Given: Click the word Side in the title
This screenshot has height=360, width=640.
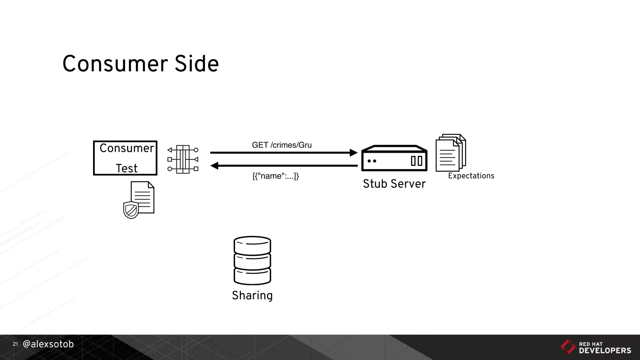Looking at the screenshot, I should pos(197,64).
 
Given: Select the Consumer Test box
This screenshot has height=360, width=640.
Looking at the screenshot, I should pos(125,158).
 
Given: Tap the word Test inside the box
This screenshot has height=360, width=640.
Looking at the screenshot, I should pos(127,168).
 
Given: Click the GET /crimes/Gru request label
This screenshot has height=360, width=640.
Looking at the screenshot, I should pos(282,145).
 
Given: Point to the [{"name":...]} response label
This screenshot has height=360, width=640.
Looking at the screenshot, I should pos(276,176).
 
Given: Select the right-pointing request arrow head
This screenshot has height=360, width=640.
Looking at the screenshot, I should pos(353,152).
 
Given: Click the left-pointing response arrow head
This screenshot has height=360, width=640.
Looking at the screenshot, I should pos(214,166).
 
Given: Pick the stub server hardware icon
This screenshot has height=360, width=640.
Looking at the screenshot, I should pos(394,158).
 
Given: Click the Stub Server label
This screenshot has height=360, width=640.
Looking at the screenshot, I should pos(394,184).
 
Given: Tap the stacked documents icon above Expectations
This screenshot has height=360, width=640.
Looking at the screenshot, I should pos(450,153).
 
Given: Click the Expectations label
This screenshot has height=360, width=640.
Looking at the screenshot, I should pos(471,176).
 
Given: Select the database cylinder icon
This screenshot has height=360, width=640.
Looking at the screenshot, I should pos(252,260).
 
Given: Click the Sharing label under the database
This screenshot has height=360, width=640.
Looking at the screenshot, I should pos(252,295).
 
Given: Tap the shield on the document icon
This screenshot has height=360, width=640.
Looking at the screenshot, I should pos(131,210).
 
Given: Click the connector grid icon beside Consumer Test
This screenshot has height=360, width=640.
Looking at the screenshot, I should pos(183,159).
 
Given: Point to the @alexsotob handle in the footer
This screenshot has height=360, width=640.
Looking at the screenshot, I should pos(48,344).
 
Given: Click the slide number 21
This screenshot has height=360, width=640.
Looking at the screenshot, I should pos(15,344).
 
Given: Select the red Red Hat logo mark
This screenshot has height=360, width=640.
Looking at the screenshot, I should pos(568,347).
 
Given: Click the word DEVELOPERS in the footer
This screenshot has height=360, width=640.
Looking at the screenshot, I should pos(605,351).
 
